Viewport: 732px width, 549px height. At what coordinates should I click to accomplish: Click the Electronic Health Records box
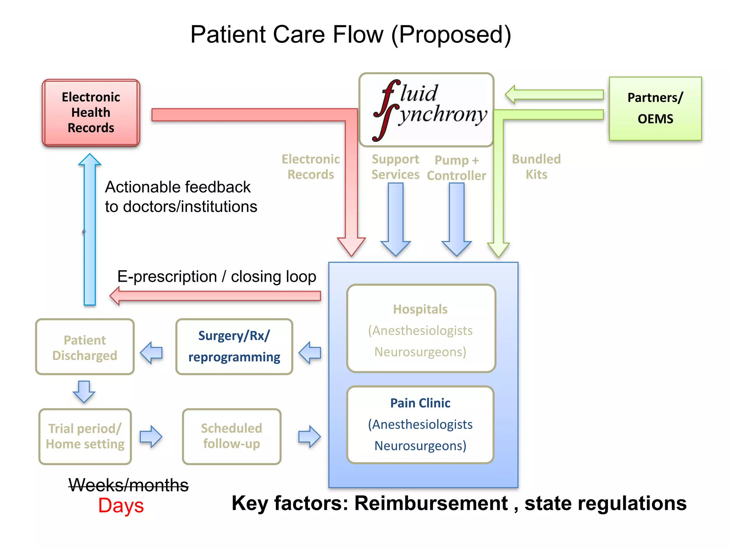pos(91,113)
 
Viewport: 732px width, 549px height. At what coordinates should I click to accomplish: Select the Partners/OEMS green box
pos(655,108)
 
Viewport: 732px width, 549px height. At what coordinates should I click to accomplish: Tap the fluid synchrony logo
pos(426,110)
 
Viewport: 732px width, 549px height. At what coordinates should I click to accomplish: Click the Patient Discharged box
pos(85,347)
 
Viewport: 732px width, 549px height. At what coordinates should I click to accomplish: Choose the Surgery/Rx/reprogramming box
pos(234,347)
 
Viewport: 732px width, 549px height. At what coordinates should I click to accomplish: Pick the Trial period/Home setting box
pos(85,436)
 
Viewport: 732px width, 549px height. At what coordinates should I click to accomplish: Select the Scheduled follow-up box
pos(232,436)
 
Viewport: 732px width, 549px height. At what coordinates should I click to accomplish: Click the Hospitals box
pos(421,329)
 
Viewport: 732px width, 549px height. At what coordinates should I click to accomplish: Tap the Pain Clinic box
pos(420,425)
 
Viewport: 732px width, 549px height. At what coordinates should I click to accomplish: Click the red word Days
pos(121,506)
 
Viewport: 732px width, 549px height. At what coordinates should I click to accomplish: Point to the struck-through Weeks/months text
pos(128,485)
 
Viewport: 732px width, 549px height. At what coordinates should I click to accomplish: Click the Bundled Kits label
pos(536,167)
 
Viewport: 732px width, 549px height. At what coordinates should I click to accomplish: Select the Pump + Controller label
pos(456,168)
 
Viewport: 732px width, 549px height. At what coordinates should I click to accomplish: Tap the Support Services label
pos(395,167)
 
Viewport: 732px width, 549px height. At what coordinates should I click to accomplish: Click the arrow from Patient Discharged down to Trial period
pos(84,392)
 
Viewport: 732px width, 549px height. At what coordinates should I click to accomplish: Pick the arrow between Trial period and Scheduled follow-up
pos(151,436)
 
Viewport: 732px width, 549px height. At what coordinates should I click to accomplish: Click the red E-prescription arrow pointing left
pos(214,296)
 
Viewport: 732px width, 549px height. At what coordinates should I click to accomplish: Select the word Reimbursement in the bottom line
pos(431,503)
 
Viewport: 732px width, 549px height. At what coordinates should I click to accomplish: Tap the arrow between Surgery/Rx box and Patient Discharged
pos(152,353)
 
